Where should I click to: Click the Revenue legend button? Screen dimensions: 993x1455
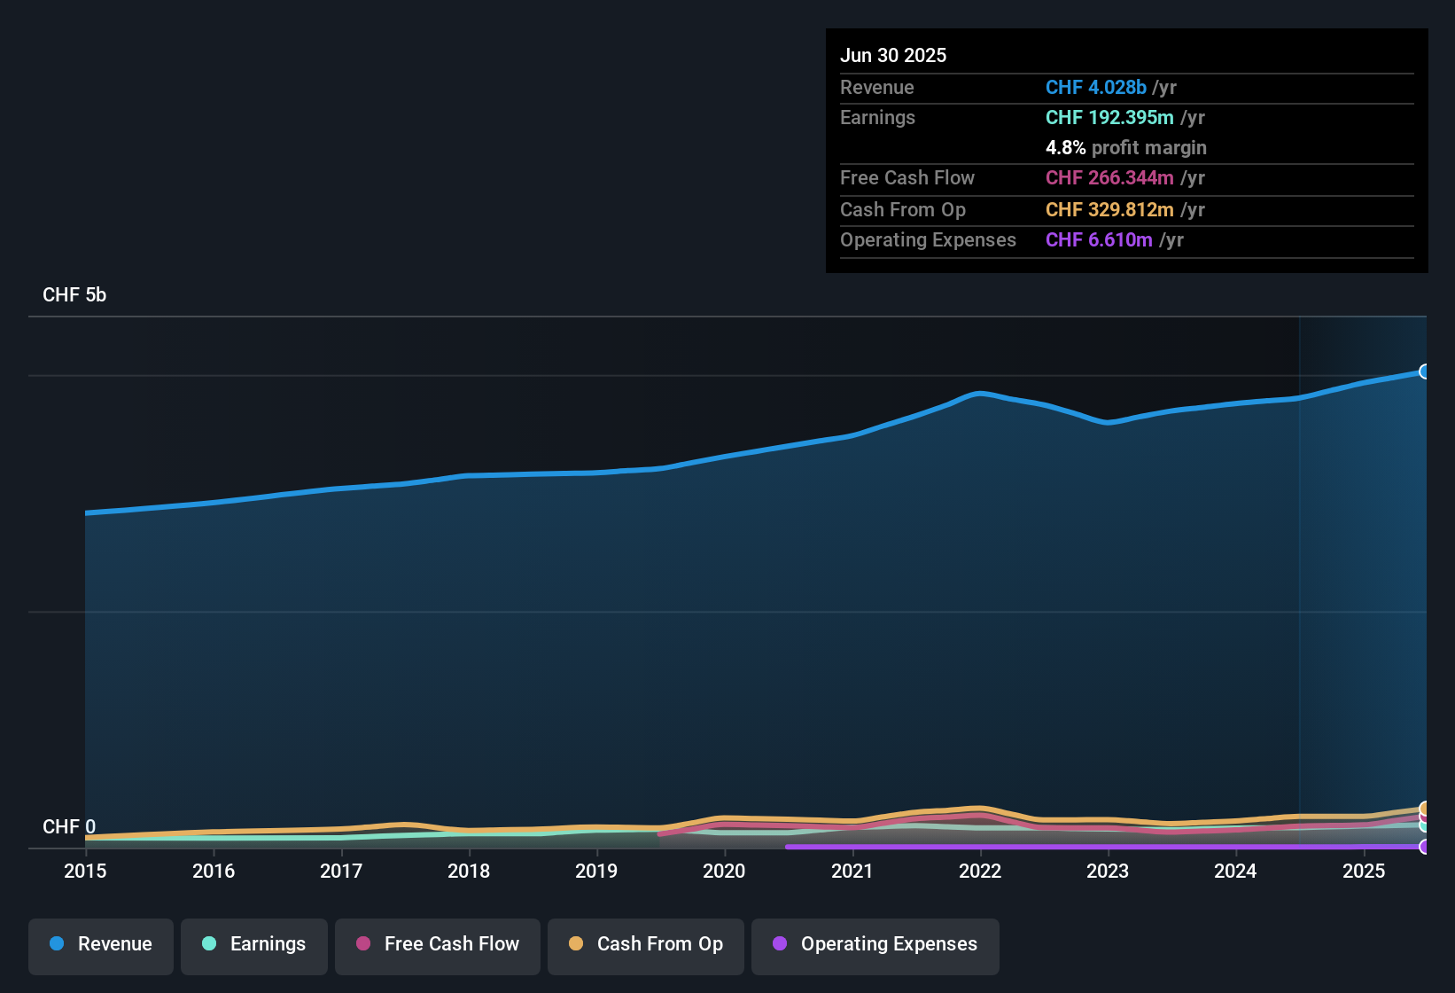click(101, 945)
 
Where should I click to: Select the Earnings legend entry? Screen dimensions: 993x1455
click(254, 945)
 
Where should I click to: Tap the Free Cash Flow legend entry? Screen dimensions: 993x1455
click(438, 945)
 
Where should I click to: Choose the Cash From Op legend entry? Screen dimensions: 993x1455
click(646, 945)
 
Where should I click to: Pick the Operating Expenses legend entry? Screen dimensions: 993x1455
click(875, 945)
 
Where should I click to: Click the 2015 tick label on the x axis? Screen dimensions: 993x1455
click(85, 872)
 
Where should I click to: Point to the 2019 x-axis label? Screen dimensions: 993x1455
click(596, 872)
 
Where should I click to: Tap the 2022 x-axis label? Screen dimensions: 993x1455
click(980, 872)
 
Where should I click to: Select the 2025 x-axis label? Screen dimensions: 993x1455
click(1364, 872)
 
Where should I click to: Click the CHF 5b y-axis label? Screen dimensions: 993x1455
click(74, 295)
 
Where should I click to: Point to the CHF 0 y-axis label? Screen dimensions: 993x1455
click(69, 827)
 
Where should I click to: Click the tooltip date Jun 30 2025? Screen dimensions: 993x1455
click(893, 56)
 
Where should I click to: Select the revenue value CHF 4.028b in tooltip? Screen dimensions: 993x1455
click(1095, 88)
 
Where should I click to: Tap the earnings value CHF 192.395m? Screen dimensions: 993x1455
click(1109, 118)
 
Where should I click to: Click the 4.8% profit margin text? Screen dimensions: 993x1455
click(1125, 148)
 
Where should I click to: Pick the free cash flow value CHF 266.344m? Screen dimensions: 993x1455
click(1109, 178)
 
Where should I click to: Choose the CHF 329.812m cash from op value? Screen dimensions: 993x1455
click(1109, 210)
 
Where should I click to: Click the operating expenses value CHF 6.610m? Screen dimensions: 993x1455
click(1099, 240)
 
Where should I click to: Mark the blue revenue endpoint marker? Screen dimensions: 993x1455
click(1425, 371)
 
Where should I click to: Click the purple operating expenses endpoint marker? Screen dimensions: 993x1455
click(1425, 847)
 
